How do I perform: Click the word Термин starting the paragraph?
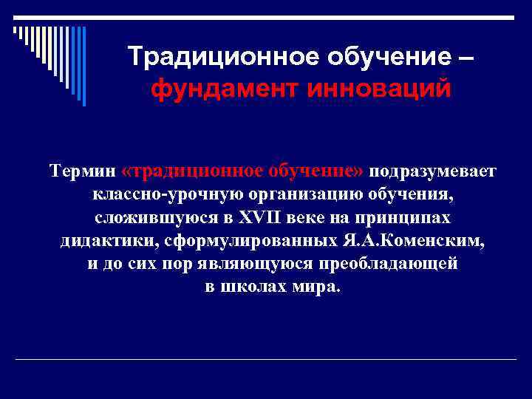coord(82,171)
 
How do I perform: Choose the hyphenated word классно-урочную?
coord(157,195)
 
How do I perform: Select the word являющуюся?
coord(269,264)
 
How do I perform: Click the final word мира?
coord(318,287)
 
